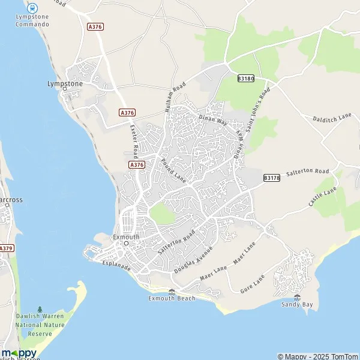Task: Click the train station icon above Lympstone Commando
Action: pos(32,8)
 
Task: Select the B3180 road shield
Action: pos(245,79)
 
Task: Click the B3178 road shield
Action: pos(271,178)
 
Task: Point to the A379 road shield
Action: pos(6,248)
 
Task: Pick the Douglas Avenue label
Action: pos(193,260)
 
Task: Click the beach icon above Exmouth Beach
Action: pos(172,292)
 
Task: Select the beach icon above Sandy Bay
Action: pos(298,297)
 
